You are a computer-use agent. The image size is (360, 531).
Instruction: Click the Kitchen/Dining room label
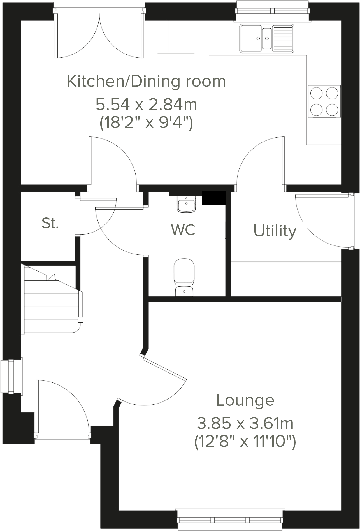(x=146, y=82)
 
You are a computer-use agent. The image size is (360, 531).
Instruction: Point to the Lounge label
(x=245, y=400)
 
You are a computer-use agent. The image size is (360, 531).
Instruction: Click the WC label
(x=183, y=230)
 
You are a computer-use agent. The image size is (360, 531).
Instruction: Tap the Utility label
(x=275, y=231)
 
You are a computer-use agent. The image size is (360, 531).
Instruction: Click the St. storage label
(x=50, y=224)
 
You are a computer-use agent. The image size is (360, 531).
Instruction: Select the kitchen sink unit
(x=267, y=38)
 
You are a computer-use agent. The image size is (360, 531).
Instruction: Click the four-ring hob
(x=324, y=101)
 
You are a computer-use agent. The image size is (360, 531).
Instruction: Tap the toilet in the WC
(x=184, y=277)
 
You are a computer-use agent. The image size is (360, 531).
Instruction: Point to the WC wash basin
(x=186, y=204)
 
